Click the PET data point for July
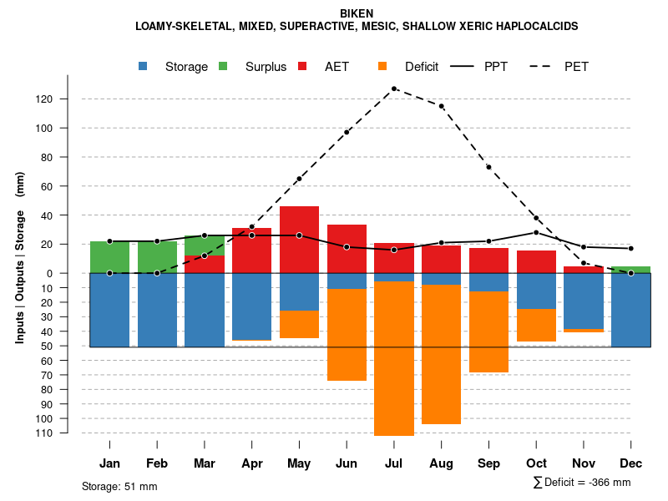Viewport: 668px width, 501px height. pos(393,89)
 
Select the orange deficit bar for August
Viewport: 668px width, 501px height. pos(441,355)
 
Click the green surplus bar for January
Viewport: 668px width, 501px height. pos(109,257)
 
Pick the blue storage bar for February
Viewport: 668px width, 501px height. pos(157,309)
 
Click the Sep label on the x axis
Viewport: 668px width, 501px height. pos(488,463)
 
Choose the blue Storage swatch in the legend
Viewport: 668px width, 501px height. pos(144,67)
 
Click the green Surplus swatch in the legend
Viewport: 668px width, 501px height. pos(223,67)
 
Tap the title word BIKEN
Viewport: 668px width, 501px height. pos(357,13)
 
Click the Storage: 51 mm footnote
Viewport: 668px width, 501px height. pos(119,486)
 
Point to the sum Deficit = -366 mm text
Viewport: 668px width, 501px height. pos(582,483)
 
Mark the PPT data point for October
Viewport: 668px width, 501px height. pos(536,232)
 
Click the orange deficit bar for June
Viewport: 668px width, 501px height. pos(347,334)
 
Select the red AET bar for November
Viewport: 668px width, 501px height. pos(584,270)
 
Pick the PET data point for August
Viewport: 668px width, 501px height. pos(441,106)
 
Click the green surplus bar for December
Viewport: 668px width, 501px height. pos(631,270)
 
